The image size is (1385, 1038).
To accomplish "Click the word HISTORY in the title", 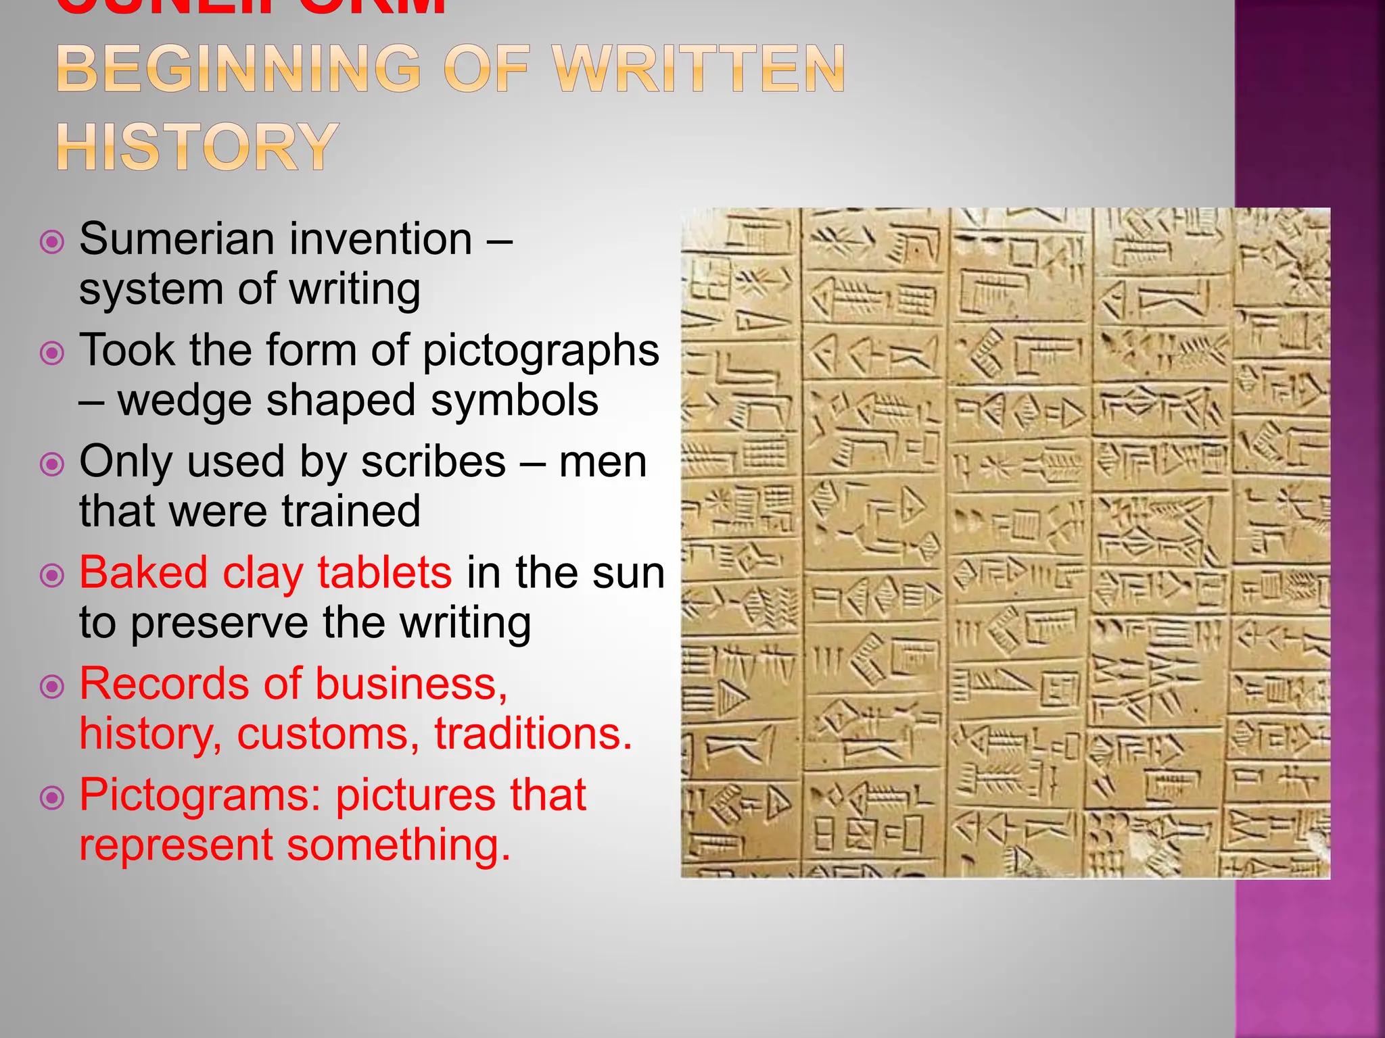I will (x=197, y=147).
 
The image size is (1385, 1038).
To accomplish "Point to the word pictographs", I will (x=540, y=351).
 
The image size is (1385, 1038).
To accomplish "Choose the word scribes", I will (x=433, y=462).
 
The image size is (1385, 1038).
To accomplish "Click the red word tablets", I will (x=384, y=573).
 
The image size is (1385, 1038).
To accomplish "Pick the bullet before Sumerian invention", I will (x=52, y=242).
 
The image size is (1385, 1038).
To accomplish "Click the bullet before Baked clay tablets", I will (x=52, y=576).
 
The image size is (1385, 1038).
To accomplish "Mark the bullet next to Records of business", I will (x=52, y=687).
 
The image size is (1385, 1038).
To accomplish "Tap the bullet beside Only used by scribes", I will (x=52, y=465).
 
